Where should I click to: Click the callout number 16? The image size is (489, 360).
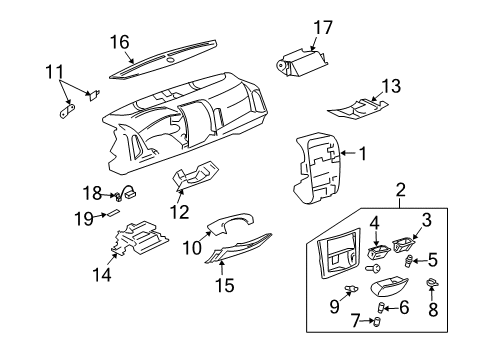(x=119, y=41)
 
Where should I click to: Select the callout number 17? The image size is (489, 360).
(x=320, y=27)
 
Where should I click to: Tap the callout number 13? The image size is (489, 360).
(x=391, y=86)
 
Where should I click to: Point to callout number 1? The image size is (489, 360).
(x=363, y=154)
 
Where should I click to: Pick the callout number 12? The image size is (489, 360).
(x=181, y=211)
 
